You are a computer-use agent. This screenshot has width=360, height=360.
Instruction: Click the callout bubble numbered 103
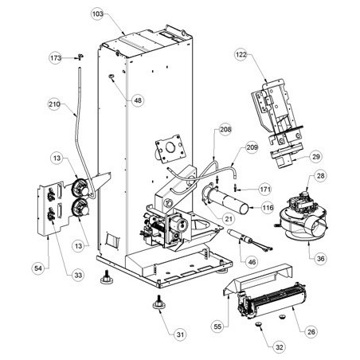coord(97,14)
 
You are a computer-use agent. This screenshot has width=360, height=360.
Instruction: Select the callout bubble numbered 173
coord(56,58)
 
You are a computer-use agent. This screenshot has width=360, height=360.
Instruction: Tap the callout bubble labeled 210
coord(54,104)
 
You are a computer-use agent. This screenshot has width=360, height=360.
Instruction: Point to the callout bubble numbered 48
coord(138,100)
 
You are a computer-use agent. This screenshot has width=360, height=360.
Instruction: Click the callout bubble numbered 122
coord(241,55)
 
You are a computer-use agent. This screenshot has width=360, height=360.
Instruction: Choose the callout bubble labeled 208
coord(225,130)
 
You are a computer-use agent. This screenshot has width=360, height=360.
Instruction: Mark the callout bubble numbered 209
coord(252,147)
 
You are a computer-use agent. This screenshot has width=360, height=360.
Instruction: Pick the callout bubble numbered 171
coord(264,190)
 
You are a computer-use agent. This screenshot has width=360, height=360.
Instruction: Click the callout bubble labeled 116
coord(268,207)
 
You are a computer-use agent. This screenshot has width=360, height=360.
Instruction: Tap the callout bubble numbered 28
coord(320,176)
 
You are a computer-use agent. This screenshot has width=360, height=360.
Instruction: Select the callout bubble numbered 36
coord(320,258)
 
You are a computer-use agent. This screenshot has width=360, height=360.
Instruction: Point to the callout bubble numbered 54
coord(38,268)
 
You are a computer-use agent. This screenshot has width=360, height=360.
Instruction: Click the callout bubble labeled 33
coord(78,275)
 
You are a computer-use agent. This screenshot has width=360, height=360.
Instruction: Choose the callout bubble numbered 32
coord(280,347)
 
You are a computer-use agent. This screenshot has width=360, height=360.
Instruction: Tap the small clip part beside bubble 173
coord(80,57)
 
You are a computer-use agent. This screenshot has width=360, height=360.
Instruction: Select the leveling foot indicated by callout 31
coord(158,303)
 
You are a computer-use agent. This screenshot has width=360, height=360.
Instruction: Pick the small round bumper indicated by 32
coord(259,324)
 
